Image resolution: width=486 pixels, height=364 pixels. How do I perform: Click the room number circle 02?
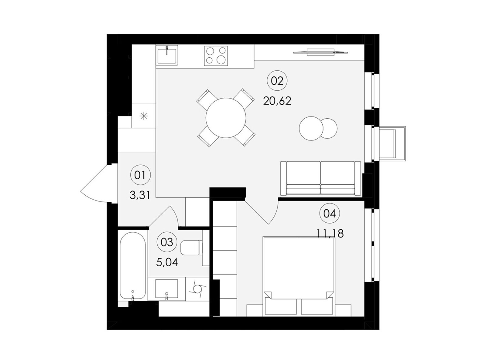click(x=277, y=81)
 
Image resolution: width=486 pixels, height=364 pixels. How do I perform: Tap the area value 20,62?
click(x=277, y=101)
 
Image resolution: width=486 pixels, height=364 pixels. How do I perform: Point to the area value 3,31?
click(x=140, y=195)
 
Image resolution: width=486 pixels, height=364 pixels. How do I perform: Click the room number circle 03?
click(x=167, y=242)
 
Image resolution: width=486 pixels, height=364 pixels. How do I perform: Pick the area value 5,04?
click(x=167, y=262)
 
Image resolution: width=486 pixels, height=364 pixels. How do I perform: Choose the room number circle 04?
click(x=330, y=214)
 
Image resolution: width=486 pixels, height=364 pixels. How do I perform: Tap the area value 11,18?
click(x=330, y=233)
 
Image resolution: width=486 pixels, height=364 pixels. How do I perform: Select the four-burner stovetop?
click(x=216, y=56)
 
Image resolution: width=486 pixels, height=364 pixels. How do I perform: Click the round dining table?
click(x=226, y=118)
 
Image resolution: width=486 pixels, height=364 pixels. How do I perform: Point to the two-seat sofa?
click(x=320, y=178)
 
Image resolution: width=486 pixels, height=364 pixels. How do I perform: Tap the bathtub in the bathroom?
click(x=133, y=266)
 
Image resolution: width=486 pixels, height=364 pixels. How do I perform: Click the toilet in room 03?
click(x=192, y=248)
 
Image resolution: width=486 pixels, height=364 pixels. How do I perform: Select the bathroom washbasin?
click(x=166, y=289)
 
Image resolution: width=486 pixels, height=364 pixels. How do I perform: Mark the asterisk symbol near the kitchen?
click(x=144, y=116)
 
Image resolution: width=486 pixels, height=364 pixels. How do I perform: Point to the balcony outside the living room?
click(x=392, y=144)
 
